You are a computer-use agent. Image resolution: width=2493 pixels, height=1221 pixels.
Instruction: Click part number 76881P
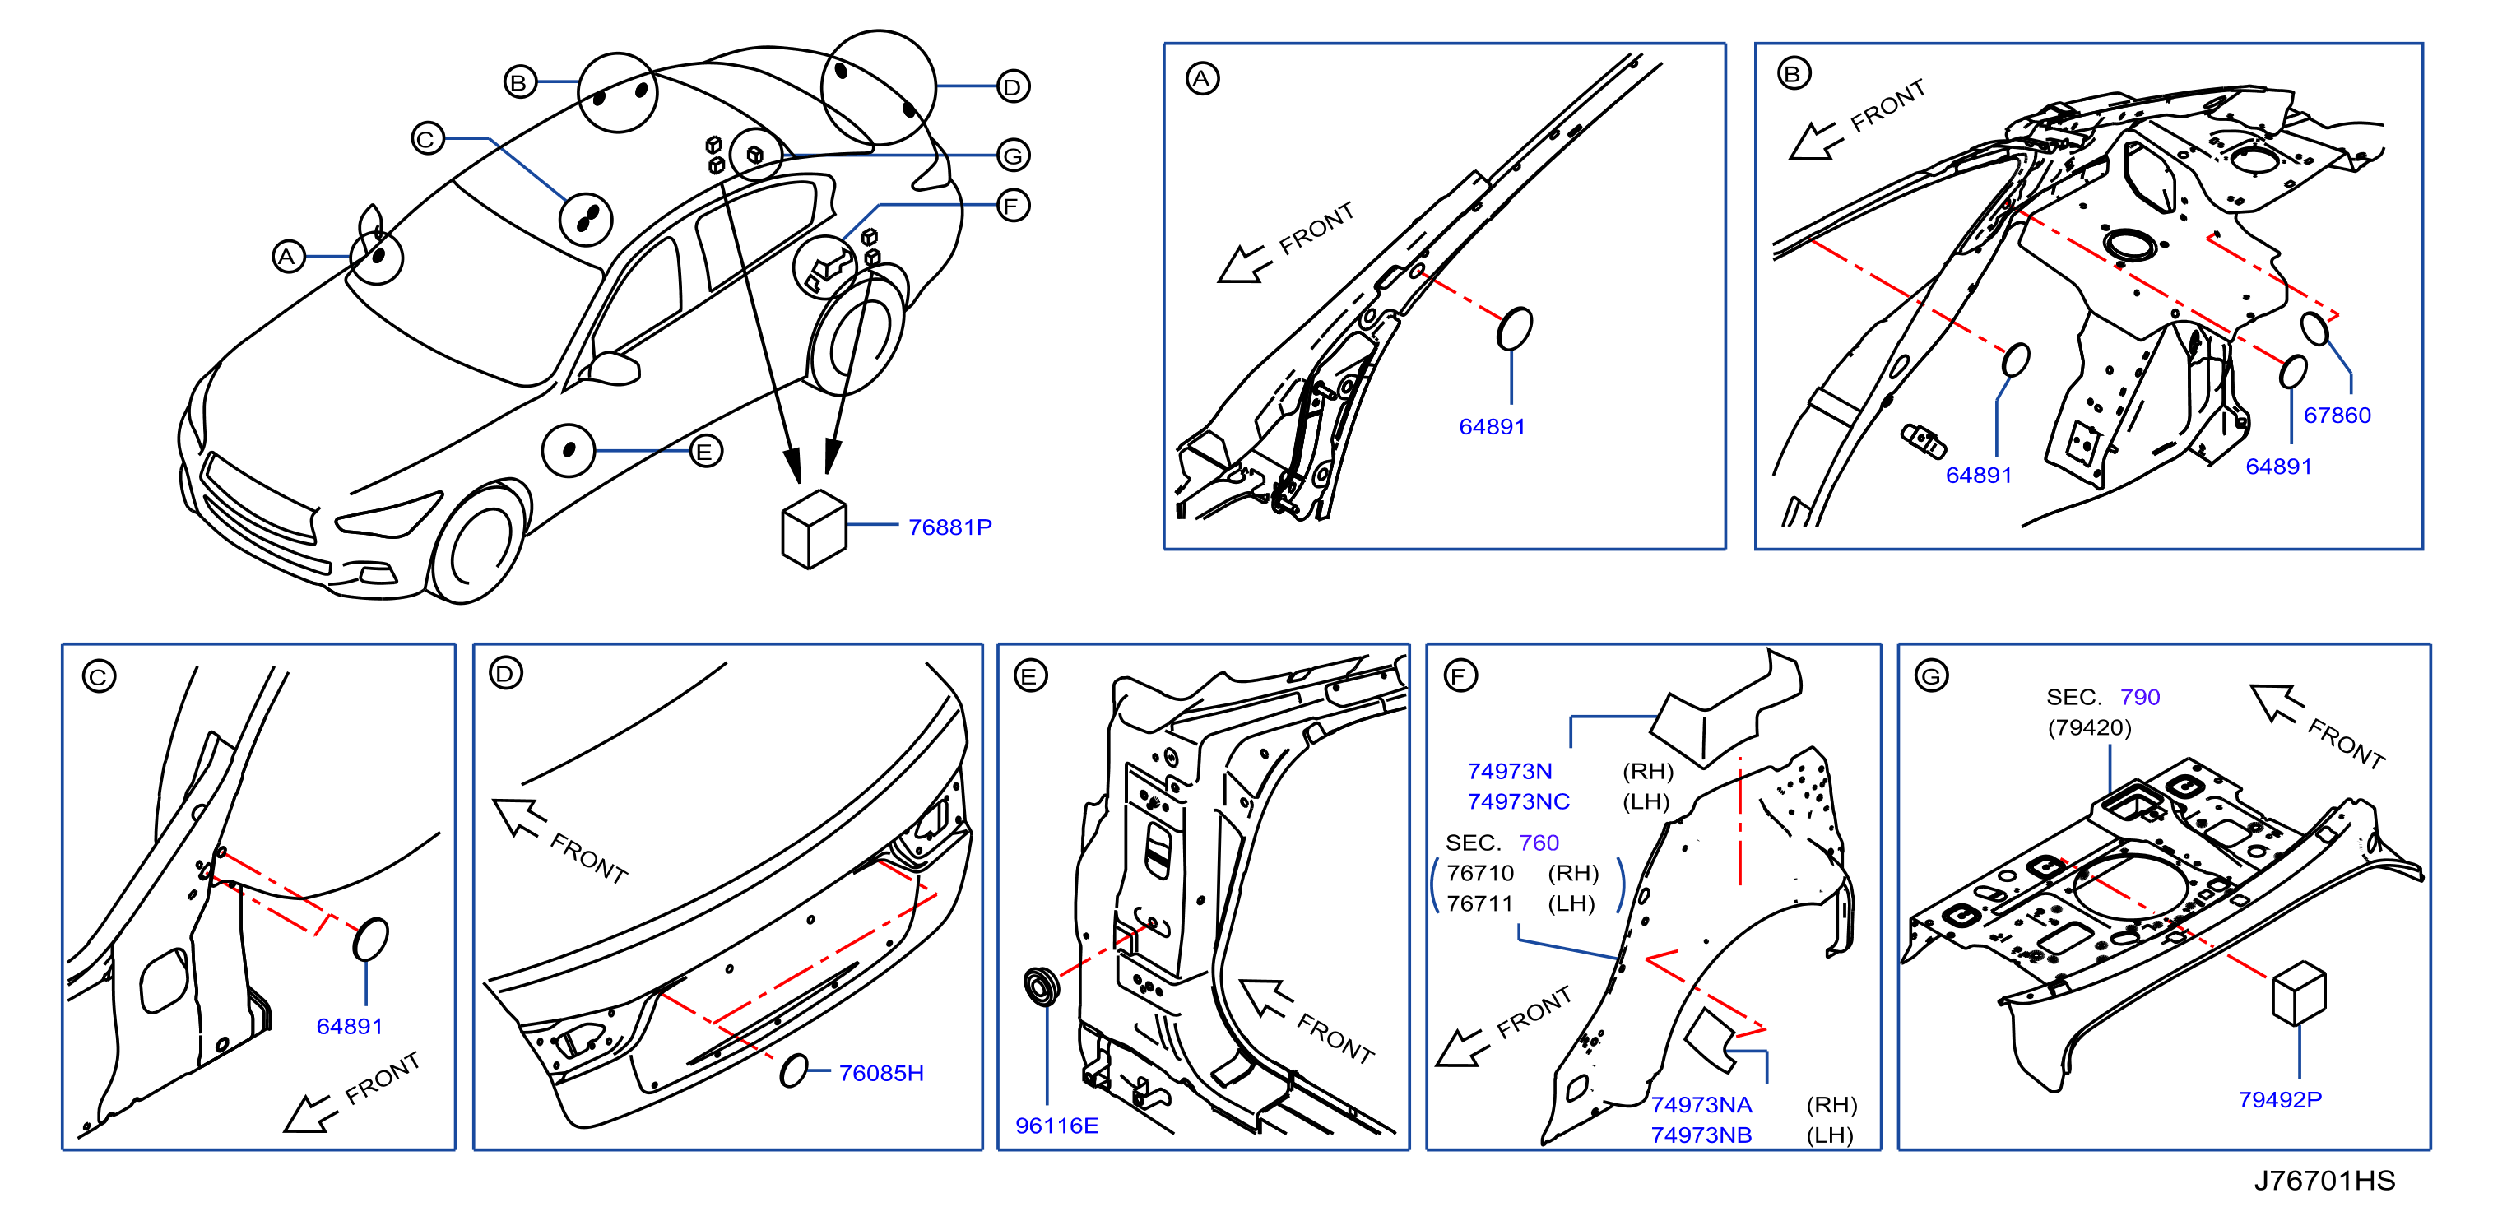949,527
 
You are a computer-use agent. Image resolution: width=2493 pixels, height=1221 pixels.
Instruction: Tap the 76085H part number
880,1073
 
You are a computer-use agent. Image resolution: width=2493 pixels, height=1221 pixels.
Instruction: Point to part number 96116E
1056,1126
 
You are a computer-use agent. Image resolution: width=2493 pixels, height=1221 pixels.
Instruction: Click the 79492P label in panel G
2279,1099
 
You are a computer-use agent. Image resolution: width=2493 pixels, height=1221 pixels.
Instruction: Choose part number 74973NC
1519,801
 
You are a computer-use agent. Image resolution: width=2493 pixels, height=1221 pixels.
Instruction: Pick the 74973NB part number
1701,1135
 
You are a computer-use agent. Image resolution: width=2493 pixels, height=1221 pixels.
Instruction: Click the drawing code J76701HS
2324,1181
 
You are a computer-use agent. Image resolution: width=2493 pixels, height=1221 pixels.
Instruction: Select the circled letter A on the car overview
287,257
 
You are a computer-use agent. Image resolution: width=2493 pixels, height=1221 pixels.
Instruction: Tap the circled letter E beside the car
705,451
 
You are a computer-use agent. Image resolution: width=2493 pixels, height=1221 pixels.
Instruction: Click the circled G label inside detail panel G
1932,675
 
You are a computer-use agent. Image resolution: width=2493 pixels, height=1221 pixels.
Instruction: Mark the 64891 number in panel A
1493,427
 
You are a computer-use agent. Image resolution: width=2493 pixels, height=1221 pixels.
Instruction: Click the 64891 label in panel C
350,1027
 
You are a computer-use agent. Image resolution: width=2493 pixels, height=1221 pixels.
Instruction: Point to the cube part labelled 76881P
814,528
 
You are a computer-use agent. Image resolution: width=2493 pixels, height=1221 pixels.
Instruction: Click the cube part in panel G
2299,992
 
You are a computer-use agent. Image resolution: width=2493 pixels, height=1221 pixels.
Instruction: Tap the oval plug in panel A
1515,329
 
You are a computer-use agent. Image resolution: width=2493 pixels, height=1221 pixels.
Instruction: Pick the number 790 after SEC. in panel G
2140,697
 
